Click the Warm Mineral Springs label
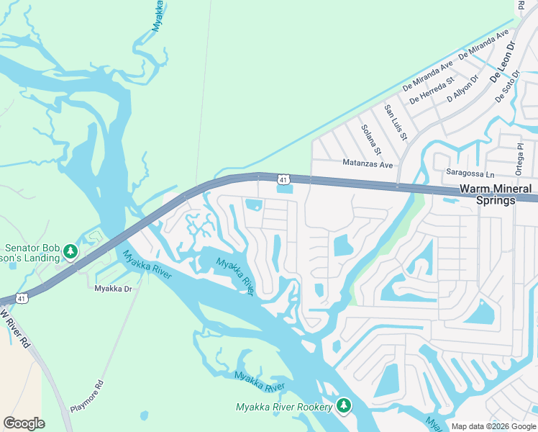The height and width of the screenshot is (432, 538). pos(496,194)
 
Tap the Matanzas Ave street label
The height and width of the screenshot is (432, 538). pos(368,164)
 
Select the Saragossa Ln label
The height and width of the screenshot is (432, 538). pos(471,174)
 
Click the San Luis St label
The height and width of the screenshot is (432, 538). pos(396,122)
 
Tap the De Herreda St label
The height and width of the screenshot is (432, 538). pos(432,91)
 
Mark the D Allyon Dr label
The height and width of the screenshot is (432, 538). pos(463,88)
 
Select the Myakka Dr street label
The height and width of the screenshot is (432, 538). pos(114,289)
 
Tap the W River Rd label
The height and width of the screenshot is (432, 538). pos(17,330)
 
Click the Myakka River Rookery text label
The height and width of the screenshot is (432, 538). pos(284,408)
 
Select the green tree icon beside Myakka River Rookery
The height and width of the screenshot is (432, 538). pos(344,406)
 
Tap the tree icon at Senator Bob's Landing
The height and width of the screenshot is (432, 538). pos(70,251)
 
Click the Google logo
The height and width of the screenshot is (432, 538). pos(24,423)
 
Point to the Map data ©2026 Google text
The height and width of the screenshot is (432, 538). pos(493,426)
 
